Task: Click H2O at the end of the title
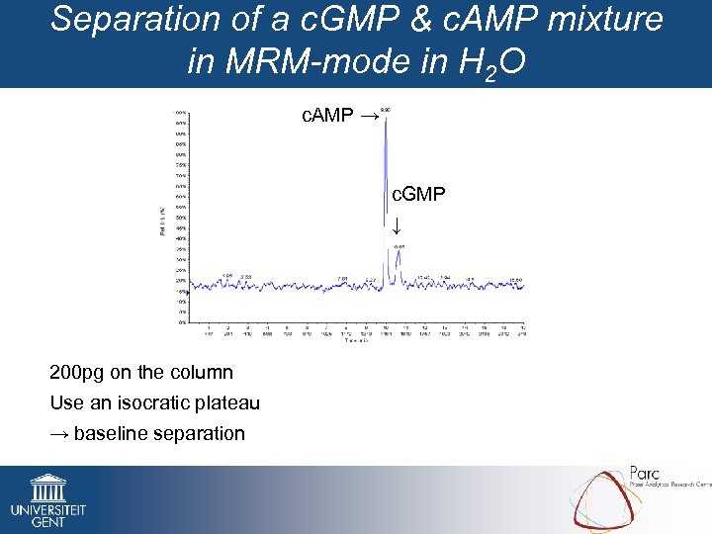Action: (x=490, y=63)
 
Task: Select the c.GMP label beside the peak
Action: (x=418, y=195)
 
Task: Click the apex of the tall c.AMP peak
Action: (x=385, y=116)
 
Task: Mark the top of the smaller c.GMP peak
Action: (x=399, y=251)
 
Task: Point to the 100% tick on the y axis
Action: (x=183, y=112)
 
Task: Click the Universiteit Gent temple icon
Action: (x=47, y=488)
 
